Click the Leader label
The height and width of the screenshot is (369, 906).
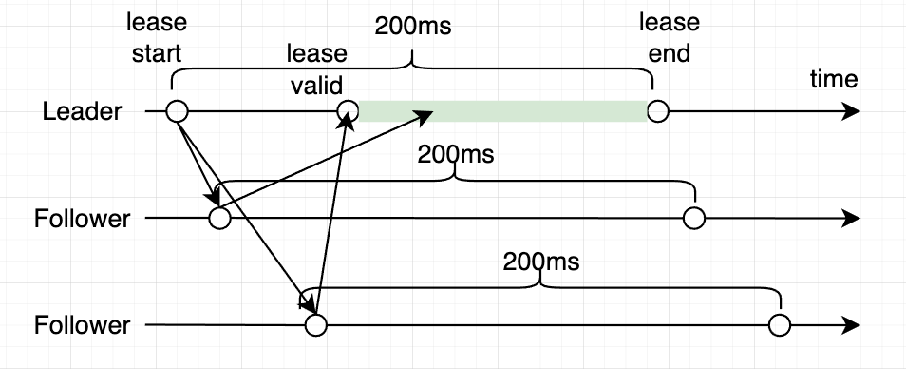(x=83, y=112)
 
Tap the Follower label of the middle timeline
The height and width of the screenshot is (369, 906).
(x=82, y=219)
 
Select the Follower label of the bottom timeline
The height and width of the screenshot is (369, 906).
(x=82, y=325)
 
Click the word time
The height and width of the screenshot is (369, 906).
(x=833, y=79)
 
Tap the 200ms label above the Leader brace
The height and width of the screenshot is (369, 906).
(x=413, y=24)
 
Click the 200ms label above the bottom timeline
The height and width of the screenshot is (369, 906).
(x=541, y=260)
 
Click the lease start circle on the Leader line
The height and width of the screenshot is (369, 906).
(x=177, y=111)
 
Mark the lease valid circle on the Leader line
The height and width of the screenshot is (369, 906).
(x=349, y=112)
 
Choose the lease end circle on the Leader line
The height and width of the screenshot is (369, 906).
(x=657, y=111)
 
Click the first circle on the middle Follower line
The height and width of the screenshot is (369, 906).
(x=219, y=219)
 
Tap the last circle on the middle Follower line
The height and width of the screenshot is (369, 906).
(x=694, y=219)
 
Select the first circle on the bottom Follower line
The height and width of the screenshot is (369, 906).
(x=315, y=325)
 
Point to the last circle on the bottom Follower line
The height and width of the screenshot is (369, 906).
(x=780, y=325)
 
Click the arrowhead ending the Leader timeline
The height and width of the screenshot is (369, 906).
(x=852, y=111)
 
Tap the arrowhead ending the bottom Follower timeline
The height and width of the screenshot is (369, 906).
(x=852, y=325)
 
